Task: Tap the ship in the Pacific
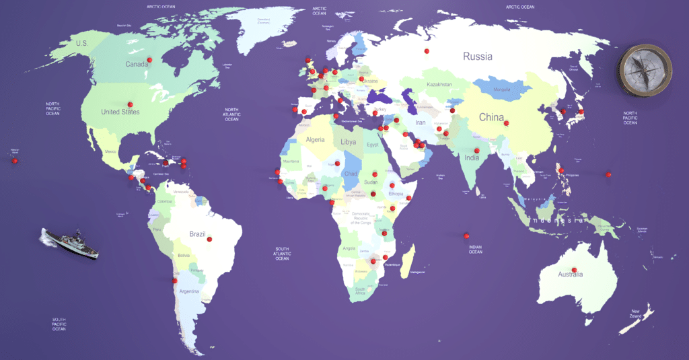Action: click(x=71, y=243)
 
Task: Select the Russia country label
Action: click(x=477, y=57)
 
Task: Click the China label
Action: click(x=491, y=118)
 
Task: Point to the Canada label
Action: click(x=137, y=65)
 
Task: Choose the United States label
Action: click(x=120, y=112)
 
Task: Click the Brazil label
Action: click(x=197, y=234)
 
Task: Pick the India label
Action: click(x=472, y=158)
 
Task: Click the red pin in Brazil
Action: click(x=209, y=239)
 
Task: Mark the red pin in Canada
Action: click(x=149, y=60)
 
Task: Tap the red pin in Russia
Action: click(x=426, y=50)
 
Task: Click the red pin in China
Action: click(x=506, y=122)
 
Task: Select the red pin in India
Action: click(x=476, y=150)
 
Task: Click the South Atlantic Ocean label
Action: click(x=281, y=252)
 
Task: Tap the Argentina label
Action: click(x=188, y=291)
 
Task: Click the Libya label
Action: click(x=348, y=143)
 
